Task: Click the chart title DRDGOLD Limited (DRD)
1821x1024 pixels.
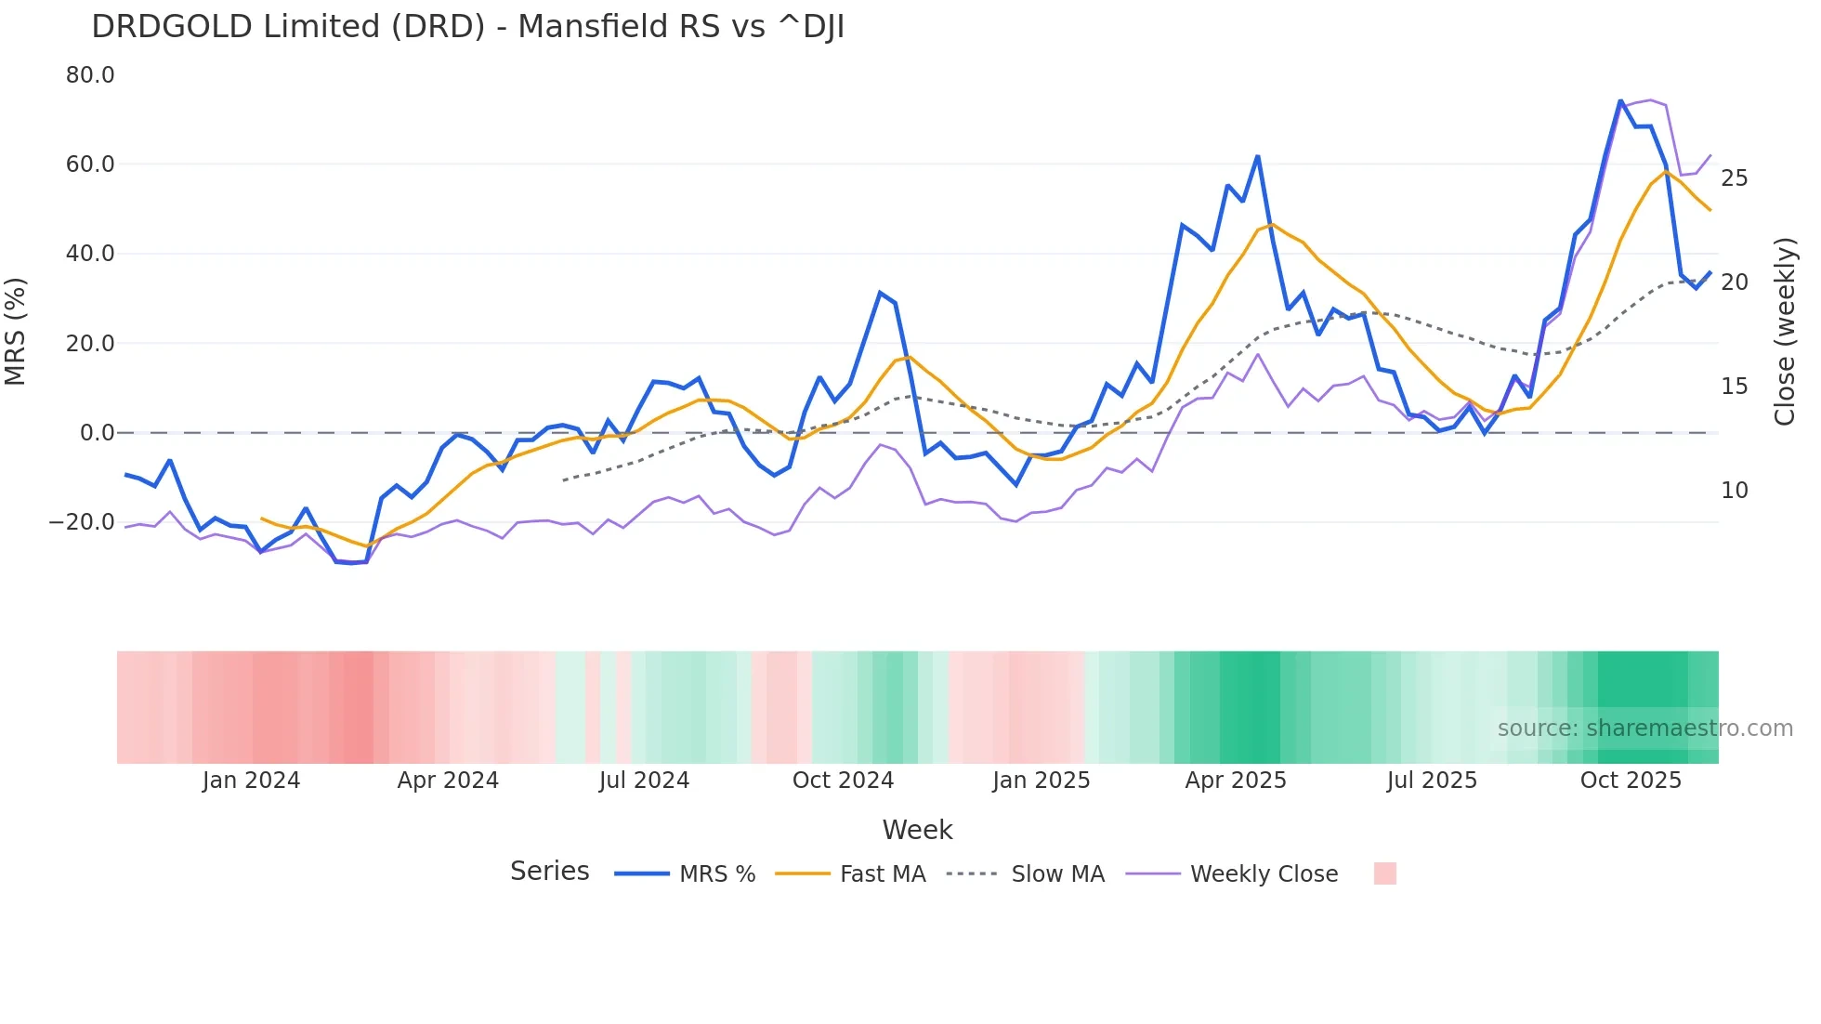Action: coord(467,27)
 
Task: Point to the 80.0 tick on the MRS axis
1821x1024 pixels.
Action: coord(90,75)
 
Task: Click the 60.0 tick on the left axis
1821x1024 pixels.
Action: coord(90,164)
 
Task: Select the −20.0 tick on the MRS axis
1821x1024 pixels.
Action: coord(82,522)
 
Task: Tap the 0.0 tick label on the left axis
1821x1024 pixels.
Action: coord(98,433)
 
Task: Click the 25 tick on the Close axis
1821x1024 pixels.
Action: coord(1734,178)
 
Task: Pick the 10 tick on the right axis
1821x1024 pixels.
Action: coord(1734,491)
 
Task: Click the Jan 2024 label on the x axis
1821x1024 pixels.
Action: coord(251,781)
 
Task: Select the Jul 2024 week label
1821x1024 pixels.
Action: coord(644,781)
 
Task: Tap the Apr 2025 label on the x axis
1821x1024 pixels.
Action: coord(1236,781)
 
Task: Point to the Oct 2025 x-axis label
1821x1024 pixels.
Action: coord(1631,781)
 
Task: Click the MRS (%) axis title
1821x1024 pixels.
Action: coord(16,332)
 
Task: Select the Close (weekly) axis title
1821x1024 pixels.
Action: coord(1785,332)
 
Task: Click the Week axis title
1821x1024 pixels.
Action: coord(917,830)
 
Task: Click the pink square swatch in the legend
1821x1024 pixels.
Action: coord(1384,873)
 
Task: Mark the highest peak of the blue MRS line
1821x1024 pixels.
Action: coord(1620,100)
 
